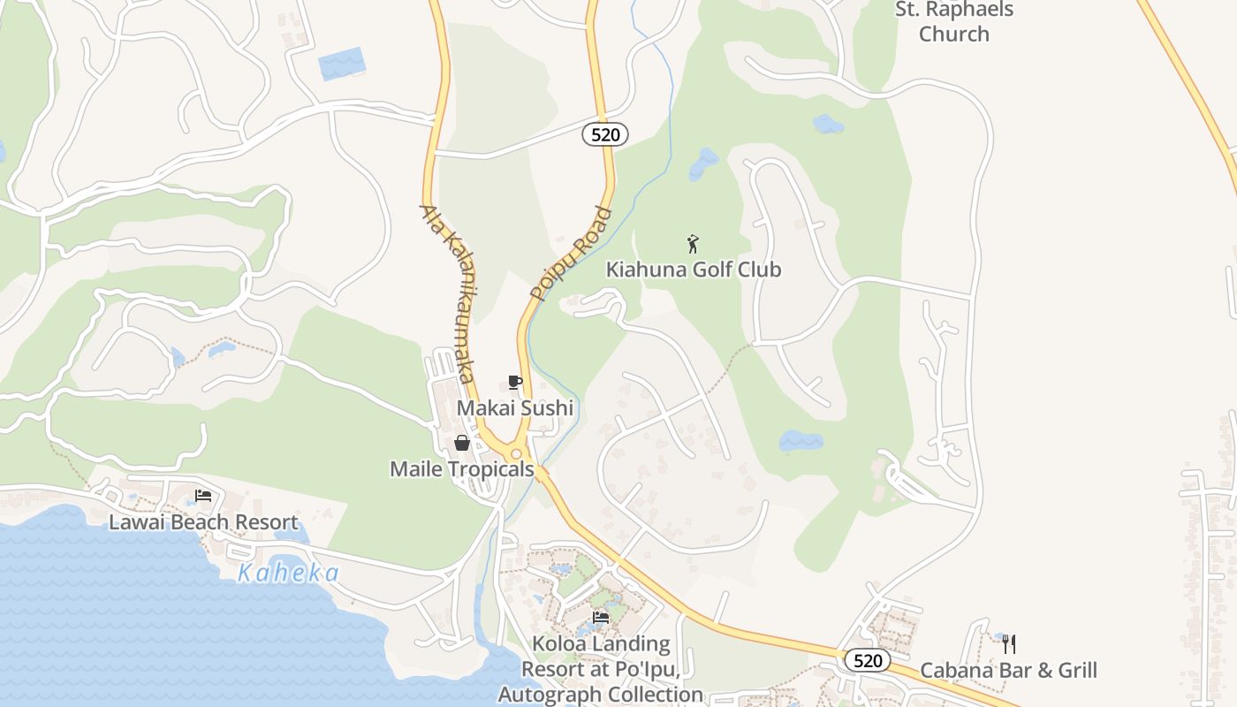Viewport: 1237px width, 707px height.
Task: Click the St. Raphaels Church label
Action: [x=954, y=22]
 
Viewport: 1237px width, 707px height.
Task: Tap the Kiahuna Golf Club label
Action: [x=694, y=270]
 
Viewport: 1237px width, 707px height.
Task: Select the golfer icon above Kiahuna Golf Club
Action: [x=694, y=243]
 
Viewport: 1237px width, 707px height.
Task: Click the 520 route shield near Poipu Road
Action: [x=605, y=134]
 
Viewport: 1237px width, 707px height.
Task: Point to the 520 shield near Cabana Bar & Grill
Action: [x=867, y=660]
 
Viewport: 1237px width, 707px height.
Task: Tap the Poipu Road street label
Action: [x=572, y=254]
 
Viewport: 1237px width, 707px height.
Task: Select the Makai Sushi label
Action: [x=515, y=408]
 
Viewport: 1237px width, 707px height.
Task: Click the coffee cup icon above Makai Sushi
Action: [x=515, y=383]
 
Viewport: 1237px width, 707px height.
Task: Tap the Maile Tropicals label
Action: [x=462, y=469]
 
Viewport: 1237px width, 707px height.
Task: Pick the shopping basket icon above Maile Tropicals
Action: [x=461, y=443]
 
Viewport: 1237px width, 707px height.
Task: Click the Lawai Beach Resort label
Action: [x=203, y=522]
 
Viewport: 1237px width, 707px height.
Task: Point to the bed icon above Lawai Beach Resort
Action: [x=203, y=495]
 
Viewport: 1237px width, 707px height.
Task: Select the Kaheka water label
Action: [x=288, y=574]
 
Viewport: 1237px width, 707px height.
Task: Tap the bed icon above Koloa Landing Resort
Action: [x=601, y=617]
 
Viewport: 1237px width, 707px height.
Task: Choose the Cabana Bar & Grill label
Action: [x=1008, y=670]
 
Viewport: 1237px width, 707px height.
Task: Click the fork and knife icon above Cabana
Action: [x=1008, y=643]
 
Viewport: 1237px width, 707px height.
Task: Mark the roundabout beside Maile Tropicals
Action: [x=516, y=453]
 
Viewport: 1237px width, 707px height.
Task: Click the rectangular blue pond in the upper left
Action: [x=341, y=64]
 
